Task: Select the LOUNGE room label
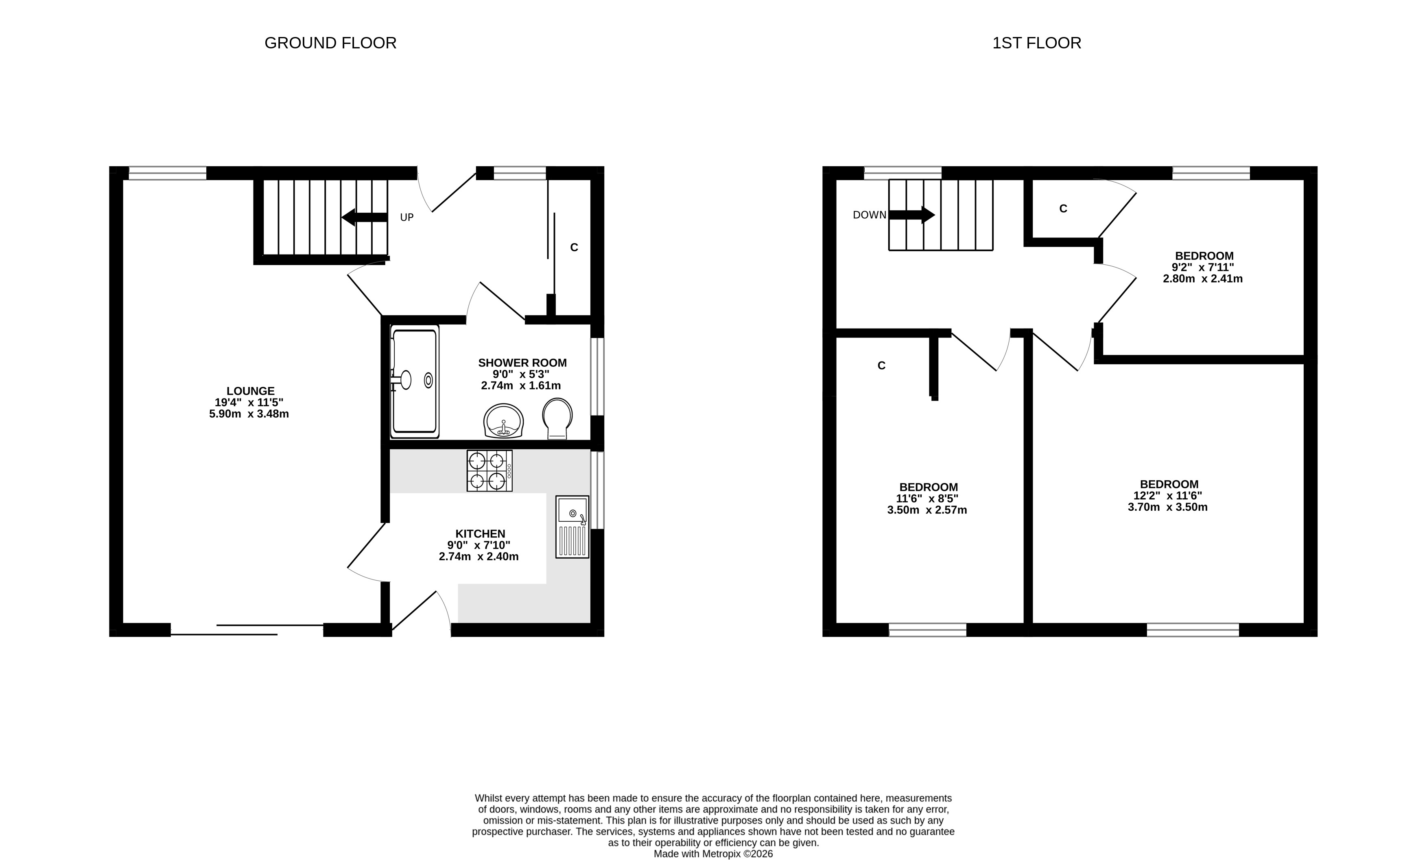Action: pos(250,391)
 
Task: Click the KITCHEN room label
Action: pos(480,533)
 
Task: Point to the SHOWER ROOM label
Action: pos(522,363)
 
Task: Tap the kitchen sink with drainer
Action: pos(572,527)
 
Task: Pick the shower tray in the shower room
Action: pos(415,381)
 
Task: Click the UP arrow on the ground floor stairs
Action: pos(364,217)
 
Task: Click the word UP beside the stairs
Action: pos(407,218)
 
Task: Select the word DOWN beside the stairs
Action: pos(870,215)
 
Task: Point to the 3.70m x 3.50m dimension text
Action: pos(1167,507)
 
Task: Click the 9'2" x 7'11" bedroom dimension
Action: pos(1203,268)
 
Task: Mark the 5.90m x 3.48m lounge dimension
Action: pos(249,414)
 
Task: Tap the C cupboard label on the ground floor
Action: pos(574,248)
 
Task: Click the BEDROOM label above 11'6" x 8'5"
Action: pos(929,487)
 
